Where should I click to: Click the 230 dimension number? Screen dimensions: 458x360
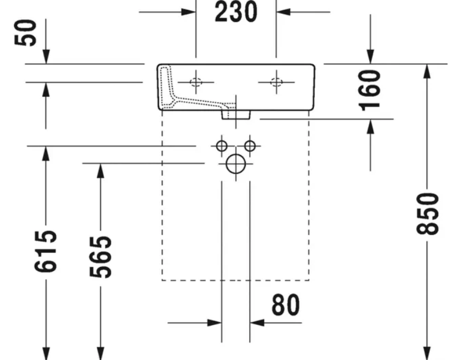tap(236, 12)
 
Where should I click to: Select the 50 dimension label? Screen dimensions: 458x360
tap(26, 33)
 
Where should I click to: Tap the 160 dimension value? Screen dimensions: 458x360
tap(370, 91)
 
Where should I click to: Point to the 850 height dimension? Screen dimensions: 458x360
tap(427, 214)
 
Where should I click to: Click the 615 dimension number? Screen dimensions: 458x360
tap(45, 251)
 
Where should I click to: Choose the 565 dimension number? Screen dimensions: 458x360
tap(100, 257)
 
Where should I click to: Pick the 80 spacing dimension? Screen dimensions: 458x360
tap(285, 305)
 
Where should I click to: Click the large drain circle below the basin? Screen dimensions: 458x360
tap(236, 163)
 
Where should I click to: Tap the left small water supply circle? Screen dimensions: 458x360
tap(222, 146)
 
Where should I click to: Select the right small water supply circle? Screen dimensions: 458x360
tap(250, 146)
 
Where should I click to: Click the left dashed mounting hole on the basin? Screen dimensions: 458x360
tap(195, 82)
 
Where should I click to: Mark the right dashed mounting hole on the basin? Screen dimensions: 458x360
tap(276, 82)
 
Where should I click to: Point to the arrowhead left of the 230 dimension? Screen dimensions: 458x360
tap(189, 12)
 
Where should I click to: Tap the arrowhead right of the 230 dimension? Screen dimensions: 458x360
tap(283, 12)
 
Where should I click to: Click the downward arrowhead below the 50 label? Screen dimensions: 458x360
tap(46, 56)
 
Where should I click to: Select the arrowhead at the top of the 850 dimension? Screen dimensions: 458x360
tap(427, 71)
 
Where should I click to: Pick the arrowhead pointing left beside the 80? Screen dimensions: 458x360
tap(257, 323)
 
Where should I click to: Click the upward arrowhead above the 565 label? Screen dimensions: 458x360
tap(100, 171)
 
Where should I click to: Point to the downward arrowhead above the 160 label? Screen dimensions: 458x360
tap(370, 56)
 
